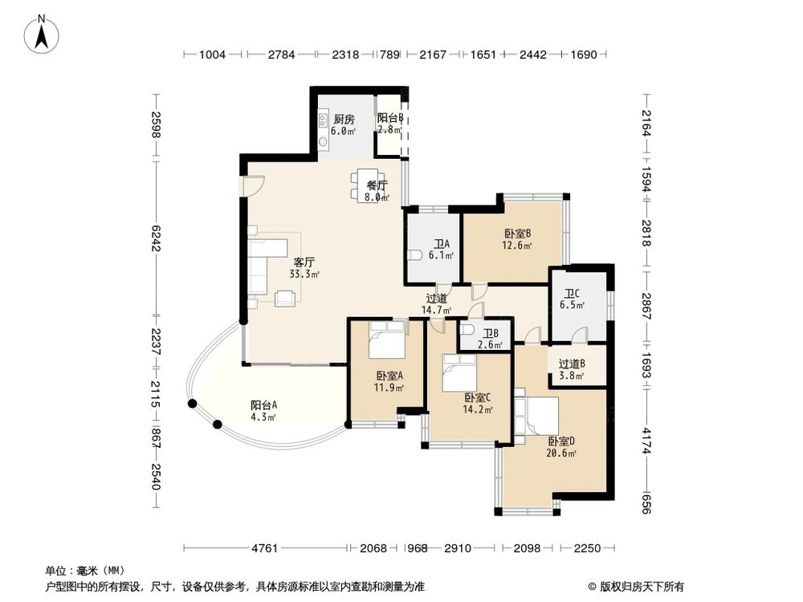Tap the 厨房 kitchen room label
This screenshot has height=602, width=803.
pyautogui.click(x=344, y=120)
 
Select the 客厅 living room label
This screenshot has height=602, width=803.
pyautogui.click(x=304, y=262)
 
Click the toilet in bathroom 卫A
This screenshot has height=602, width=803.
pyautogui.click(x=414, y=256)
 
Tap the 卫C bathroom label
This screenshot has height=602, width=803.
pyautogui.click(x=572, y=294)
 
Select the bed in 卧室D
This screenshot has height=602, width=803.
pyautogui.click(x=537, y=414)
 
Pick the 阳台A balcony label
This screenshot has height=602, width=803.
pyautogui.click(x=263, y=405)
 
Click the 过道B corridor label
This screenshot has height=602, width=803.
pyautogui.click(x=572, y=363)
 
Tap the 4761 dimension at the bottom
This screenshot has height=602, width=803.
pyautogui.click(x=264, y=549)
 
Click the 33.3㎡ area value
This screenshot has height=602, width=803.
pyautogui.click(x=304, y=275)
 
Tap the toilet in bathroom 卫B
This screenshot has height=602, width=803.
pyautogui.click(x=469, y=332)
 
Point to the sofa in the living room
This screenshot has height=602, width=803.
pyautogui.click(x=259, y=266)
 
